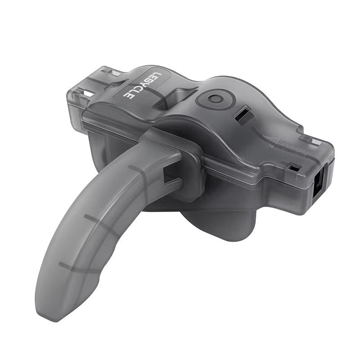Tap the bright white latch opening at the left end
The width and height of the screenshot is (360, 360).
88,94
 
